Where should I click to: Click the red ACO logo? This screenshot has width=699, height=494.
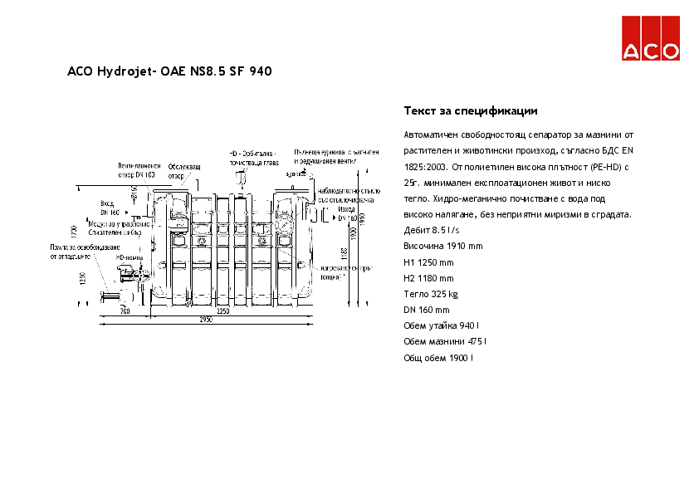point(651,38)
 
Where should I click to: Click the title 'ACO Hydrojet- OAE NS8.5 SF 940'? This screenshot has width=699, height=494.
point(169,71)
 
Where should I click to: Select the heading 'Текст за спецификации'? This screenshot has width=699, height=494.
point(471,110)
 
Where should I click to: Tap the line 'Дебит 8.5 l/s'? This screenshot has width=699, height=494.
point(432,230)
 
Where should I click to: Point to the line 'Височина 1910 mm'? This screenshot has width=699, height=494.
point(442,247)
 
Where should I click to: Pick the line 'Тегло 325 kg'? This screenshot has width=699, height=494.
point(431,294)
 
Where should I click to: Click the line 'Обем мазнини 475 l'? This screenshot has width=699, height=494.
point(445,341)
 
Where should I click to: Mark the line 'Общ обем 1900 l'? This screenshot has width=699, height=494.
point(438,358)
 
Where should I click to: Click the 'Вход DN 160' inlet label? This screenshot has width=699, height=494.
point(110,208)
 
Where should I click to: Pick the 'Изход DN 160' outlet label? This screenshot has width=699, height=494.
point(348,213)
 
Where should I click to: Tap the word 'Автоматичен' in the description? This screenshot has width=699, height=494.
point(432,135)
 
